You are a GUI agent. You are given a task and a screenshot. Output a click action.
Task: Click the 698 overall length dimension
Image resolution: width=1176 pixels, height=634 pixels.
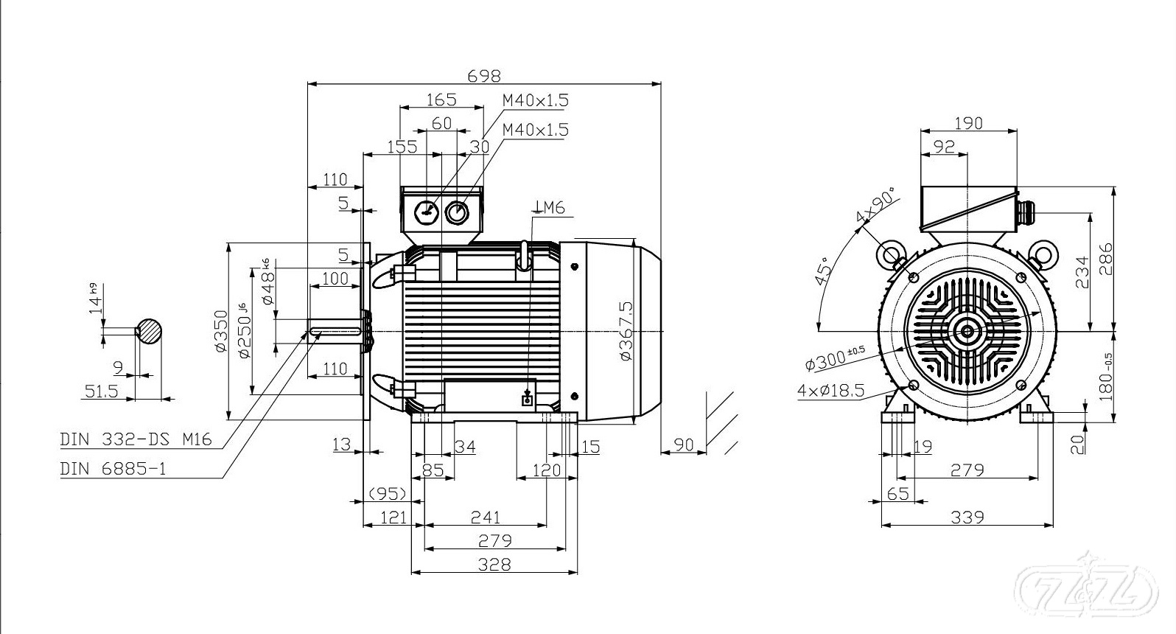pyautogui.click(x=484, y=75)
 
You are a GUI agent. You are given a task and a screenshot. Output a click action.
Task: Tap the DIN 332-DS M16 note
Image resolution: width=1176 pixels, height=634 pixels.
pyautogui.click(x=136, y=440)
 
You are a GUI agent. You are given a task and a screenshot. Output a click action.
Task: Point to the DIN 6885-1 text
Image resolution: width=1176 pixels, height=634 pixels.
pyautogui.click(x=113, y=469)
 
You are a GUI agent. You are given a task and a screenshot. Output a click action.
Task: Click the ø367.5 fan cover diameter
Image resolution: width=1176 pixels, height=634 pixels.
pyautogui.click(x=626, y=330)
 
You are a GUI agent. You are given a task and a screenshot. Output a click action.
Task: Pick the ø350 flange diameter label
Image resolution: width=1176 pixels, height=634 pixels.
pyautogui.click(x=220, y=331)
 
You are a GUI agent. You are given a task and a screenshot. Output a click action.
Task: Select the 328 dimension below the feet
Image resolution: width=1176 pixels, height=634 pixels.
pyautogui.click(x=494, y=565)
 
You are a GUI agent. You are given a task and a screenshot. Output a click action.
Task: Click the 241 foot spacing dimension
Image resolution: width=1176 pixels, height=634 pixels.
pyautogui.click(x=486, y=518)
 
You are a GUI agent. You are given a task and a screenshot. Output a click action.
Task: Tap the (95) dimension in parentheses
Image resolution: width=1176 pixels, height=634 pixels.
pyautogui.click(x=388, y=492)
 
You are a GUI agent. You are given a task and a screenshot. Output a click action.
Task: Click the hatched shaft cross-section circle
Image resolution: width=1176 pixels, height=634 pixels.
pyautogui.click(x=150, y=331)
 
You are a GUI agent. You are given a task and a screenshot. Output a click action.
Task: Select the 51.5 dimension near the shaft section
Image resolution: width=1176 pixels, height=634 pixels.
pyautogui.click(x=102, y=391)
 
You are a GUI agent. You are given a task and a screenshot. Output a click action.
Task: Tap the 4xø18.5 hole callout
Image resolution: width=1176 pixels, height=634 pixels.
pyautogui.click(x=830, y=391)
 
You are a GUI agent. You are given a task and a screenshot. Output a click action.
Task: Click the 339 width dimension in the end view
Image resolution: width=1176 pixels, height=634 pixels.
pyautogui.click(x=967, y=518)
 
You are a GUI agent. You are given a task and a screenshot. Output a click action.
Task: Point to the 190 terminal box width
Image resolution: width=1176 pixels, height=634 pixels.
pyautogui.click(x=968, y=123)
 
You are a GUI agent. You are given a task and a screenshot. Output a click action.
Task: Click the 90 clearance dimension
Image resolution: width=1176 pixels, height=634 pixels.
pyautogui.click(x=685, y=445)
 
